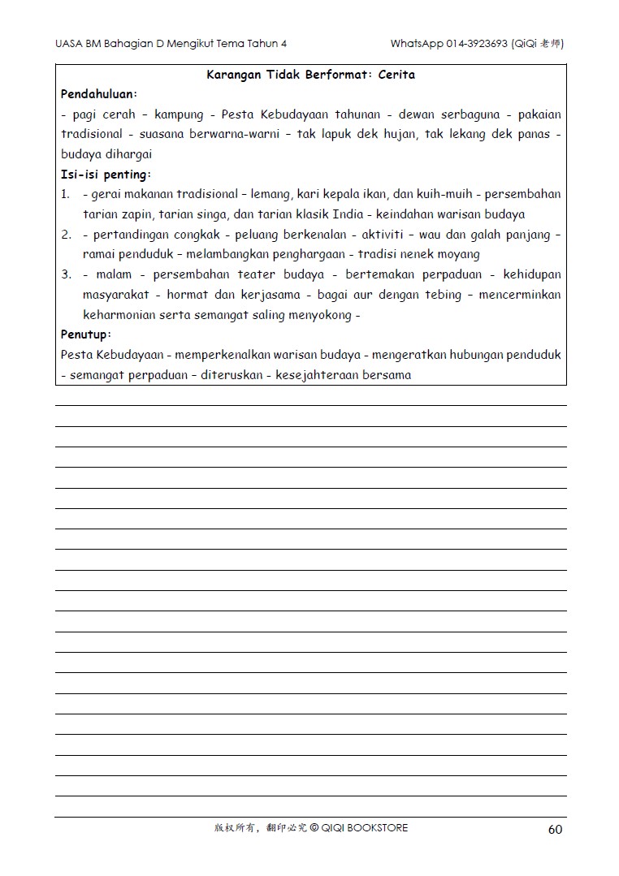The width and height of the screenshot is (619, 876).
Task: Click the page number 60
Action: coord(555,829)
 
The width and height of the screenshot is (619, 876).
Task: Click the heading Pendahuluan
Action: coord(98,94)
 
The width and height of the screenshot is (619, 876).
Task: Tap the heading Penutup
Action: coord(85,334)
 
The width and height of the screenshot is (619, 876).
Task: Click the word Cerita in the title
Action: coord(396,75)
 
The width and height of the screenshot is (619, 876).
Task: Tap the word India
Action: coord(348,214)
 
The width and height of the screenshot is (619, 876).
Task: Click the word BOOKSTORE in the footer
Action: coord(378,828)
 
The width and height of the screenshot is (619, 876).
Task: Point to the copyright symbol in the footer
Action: coord(314,828)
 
